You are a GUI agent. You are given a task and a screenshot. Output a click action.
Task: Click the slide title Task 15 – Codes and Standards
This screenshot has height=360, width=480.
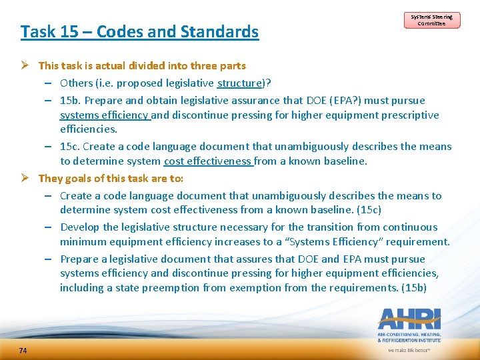(139, 31)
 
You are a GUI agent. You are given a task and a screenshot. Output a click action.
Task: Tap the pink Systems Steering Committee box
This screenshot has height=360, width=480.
(431, 20)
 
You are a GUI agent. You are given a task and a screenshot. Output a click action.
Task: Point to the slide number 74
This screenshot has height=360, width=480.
(23, 351)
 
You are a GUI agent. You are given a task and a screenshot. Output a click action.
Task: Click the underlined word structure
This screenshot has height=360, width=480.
(241, 83)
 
